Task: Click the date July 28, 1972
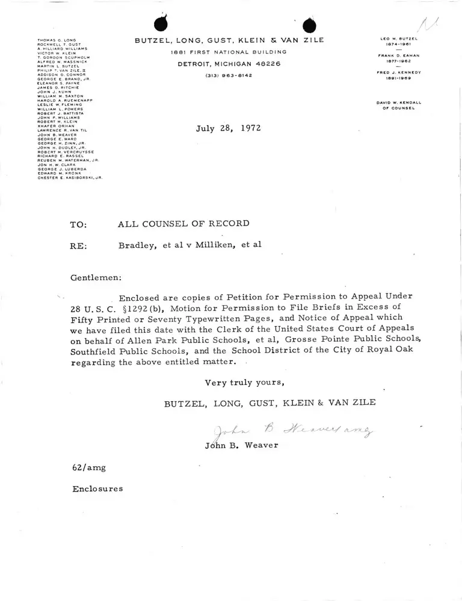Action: [229, 128]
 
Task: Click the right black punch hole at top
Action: [309, 26]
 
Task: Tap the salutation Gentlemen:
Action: [96, 278]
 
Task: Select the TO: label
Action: [79, 225]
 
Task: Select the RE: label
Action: [79, 245]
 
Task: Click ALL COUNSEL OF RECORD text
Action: [183, 224]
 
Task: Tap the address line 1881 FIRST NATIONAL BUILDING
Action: [229, 52]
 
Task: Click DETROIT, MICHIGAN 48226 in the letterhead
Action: [229, 64]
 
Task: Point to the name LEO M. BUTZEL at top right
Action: [399, 39]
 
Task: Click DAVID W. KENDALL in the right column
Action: [399, 103]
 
